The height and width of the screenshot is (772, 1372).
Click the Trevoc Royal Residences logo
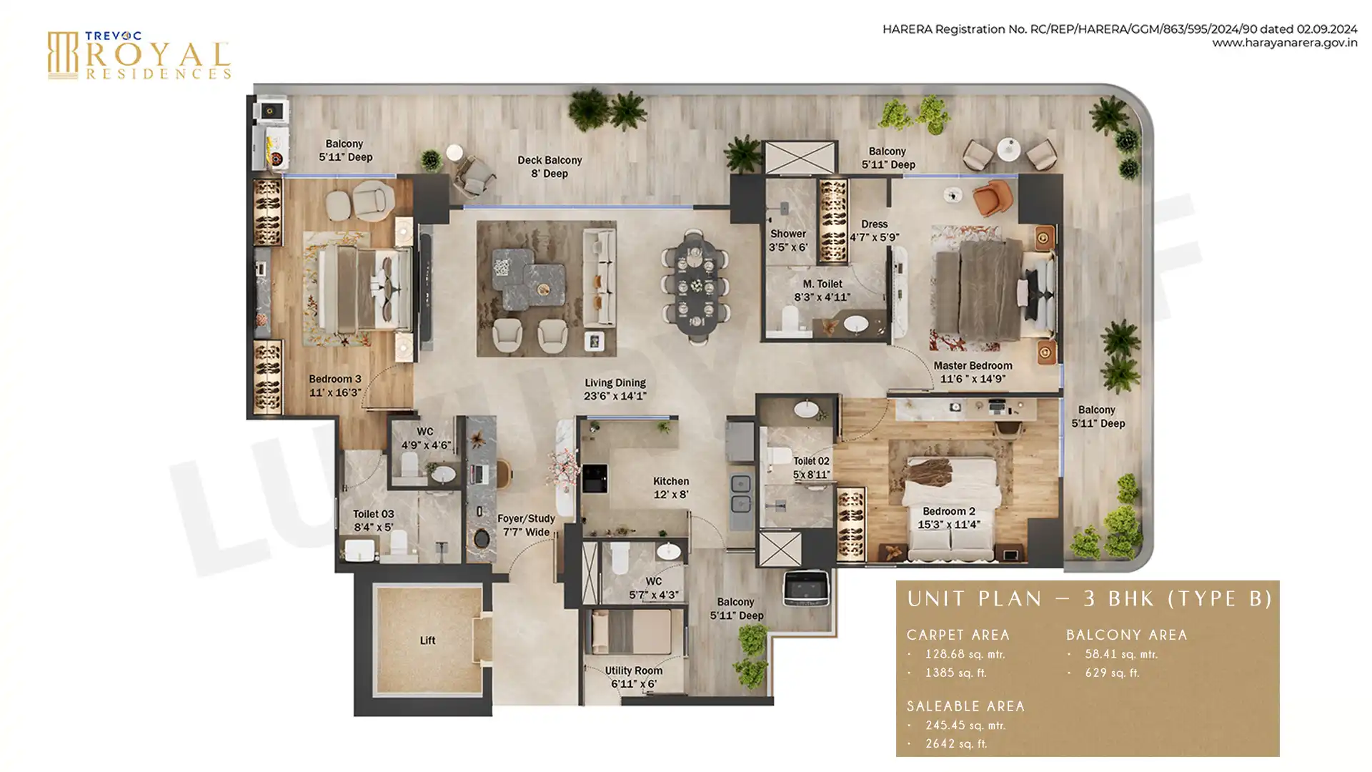pyautogui.click(x=139, y=55)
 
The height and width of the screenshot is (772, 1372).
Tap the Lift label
pyautogui.click(x=427, y=640)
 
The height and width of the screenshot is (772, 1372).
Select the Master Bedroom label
pyautogui.click(x=973, y=366)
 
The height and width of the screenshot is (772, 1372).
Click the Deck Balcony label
pyautogui.click(x=550, y=160)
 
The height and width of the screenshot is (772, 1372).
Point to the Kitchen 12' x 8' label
pyautogui.click(x=671, y=488)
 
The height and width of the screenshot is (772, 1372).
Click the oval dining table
pyautogui.click(x=694, y=287)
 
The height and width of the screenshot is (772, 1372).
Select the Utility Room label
pyautogui.click(x=633, y=670)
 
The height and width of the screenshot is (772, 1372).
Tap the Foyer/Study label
pyautogui.click(x=526, y=519)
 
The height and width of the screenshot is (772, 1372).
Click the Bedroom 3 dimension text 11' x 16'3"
pyautogui.click(x=334, y=392)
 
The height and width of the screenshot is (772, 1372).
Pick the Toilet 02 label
pyautogui.click(x=811, y=461)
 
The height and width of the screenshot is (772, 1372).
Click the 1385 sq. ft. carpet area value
pyautogui.click(x=955, y=673)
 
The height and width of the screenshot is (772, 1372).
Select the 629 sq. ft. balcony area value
pyautogui.click(x=1112, y=673)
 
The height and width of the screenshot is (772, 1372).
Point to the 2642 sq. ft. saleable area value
pyautogui.click(x=956, y=743)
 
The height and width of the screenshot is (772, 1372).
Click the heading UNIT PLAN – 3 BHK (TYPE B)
pyautogui.click(x=1090, y=599)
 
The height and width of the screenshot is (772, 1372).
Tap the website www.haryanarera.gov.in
pyautogui.click(x=1284, y=43)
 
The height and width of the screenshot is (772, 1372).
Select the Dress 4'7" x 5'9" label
pyautogui.click(x=874, y=230)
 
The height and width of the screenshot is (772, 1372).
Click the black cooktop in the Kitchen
pyautogui.click(x=595, y=479)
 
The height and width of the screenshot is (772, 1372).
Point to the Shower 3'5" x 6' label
pyautogui.click(x=788, y=240)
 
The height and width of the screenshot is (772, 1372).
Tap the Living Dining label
pyautogui.click(x=615, y=383)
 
